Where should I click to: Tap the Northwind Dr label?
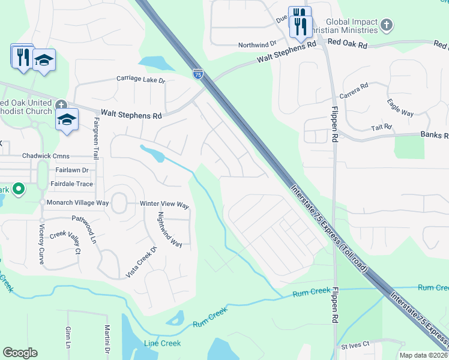click(x=256, y=44)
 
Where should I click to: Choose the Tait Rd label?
click(x=381, y=127)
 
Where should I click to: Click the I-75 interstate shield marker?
click(x=198, y=73)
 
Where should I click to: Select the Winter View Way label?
click(x=164, y=205)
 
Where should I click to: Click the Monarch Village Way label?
click(x=78, y=203)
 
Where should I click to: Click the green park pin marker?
click(x=18, y=190)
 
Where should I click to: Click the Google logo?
click(x=20, y=353)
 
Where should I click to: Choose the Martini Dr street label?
click(x=106, y=339)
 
